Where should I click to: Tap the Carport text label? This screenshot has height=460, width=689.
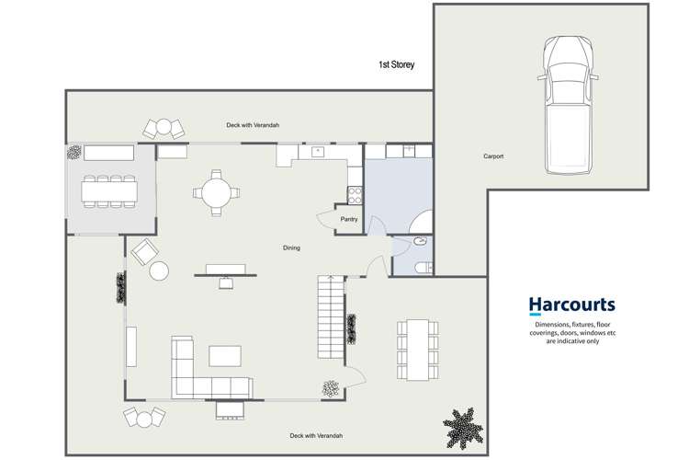(x=493, y=156)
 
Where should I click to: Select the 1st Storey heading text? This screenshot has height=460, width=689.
(x=397, y=65)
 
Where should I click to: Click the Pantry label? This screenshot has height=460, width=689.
(x=348, y=219)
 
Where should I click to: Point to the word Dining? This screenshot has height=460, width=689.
(x=291, y=247)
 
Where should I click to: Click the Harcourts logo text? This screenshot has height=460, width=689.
(x=571, y=305)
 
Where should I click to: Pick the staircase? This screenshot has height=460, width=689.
(x=329, y=318)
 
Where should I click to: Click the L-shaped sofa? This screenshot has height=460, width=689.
(x=202, y=373)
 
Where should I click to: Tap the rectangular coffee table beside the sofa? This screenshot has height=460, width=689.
(x=226, y=355)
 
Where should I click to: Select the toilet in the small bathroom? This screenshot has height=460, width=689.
(x=421, y=268)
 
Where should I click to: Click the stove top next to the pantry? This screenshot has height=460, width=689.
(x=354, y=194)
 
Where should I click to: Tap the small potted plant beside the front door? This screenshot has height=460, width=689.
(x=328, y=389)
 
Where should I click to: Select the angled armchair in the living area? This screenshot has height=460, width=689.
(x=143, y=251)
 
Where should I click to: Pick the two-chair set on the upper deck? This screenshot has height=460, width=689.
(x=164, y=128)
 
